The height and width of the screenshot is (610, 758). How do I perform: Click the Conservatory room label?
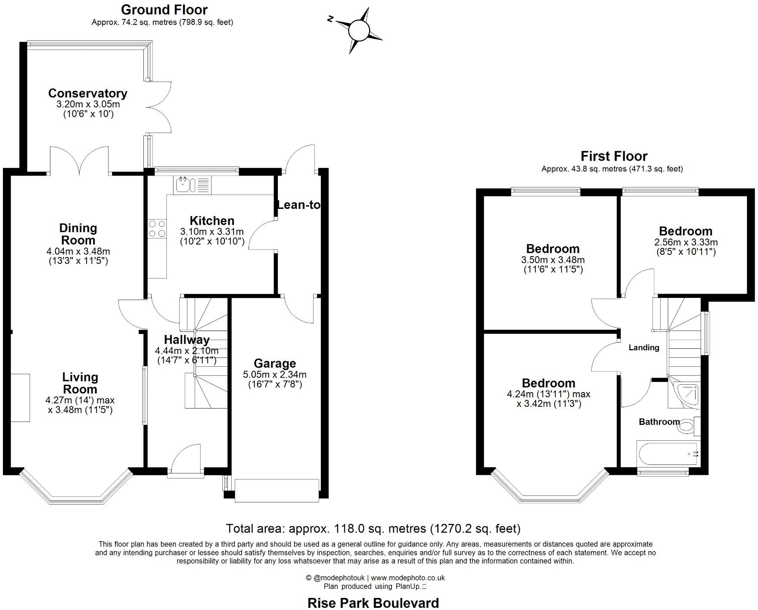(87, 93)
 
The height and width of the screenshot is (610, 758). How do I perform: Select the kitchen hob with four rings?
(157, 229)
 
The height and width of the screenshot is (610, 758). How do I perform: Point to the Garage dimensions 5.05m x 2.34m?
(275, 375)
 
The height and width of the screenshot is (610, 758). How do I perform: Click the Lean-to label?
(298, 205)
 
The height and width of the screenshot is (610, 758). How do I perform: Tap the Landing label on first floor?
(644, 347)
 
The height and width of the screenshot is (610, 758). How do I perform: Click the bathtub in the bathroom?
(666, 454)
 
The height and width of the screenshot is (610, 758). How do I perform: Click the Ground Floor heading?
(164, 9)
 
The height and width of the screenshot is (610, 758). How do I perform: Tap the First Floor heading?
(614, 156)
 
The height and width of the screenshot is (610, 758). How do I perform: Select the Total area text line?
(373, 528)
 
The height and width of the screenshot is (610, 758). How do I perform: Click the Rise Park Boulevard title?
(373, 603)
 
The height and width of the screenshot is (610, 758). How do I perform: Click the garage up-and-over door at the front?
(276, 490)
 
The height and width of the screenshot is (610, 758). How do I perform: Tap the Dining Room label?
(78, 234)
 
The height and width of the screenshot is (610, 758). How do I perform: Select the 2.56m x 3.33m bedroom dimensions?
(686, 242)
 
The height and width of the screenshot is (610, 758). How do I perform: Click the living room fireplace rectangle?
(21, 397)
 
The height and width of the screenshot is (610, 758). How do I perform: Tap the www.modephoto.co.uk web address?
(408, 578)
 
